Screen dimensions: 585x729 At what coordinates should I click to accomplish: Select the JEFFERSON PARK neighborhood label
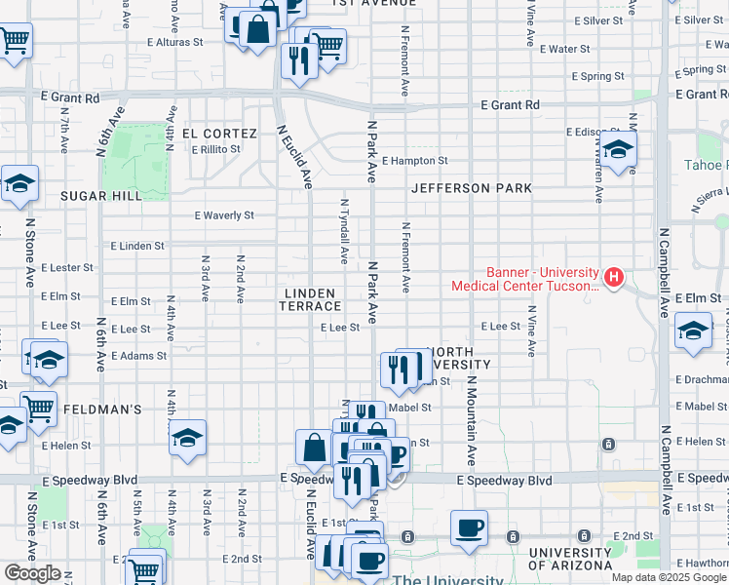472,188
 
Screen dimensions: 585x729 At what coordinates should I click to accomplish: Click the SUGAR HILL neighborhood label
101,196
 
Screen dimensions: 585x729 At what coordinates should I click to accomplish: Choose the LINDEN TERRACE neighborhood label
310,299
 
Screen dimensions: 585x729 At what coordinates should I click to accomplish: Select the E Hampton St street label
414,161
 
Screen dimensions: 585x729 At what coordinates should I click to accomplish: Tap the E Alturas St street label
175,42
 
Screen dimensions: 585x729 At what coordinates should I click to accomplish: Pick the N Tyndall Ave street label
344,232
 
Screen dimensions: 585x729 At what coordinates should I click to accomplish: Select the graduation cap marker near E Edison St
617,150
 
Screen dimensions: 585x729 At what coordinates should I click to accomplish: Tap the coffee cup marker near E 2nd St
469,527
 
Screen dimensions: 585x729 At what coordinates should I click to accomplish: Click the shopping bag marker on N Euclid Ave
315,448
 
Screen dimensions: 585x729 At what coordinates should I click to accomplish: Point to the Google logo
32,573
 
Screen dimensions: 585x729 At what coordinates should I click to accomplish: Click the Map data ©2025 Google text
668,577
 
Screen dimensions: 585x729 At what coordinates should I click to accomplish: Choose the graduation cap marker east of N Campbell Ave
693,331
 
